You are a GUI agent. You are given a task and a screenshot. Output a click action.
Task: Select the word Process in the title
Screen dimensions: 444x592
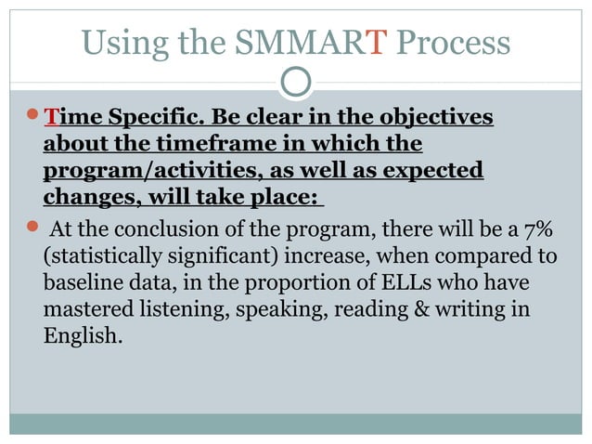[454, 43]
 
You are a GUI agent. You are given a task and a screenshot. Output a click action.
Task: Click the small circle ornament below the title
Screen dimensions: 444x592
[295, 82]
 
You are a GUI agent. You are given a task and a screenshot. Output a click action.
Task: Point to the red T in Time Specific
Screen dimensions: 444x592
[51, 119]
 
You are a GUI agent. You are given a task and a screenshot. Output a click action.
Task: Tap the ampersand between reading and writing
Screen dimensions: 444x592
[423, 308]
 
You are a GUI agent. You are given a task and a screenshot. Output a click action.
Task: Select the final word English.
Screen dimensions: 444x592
[83, 335]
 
